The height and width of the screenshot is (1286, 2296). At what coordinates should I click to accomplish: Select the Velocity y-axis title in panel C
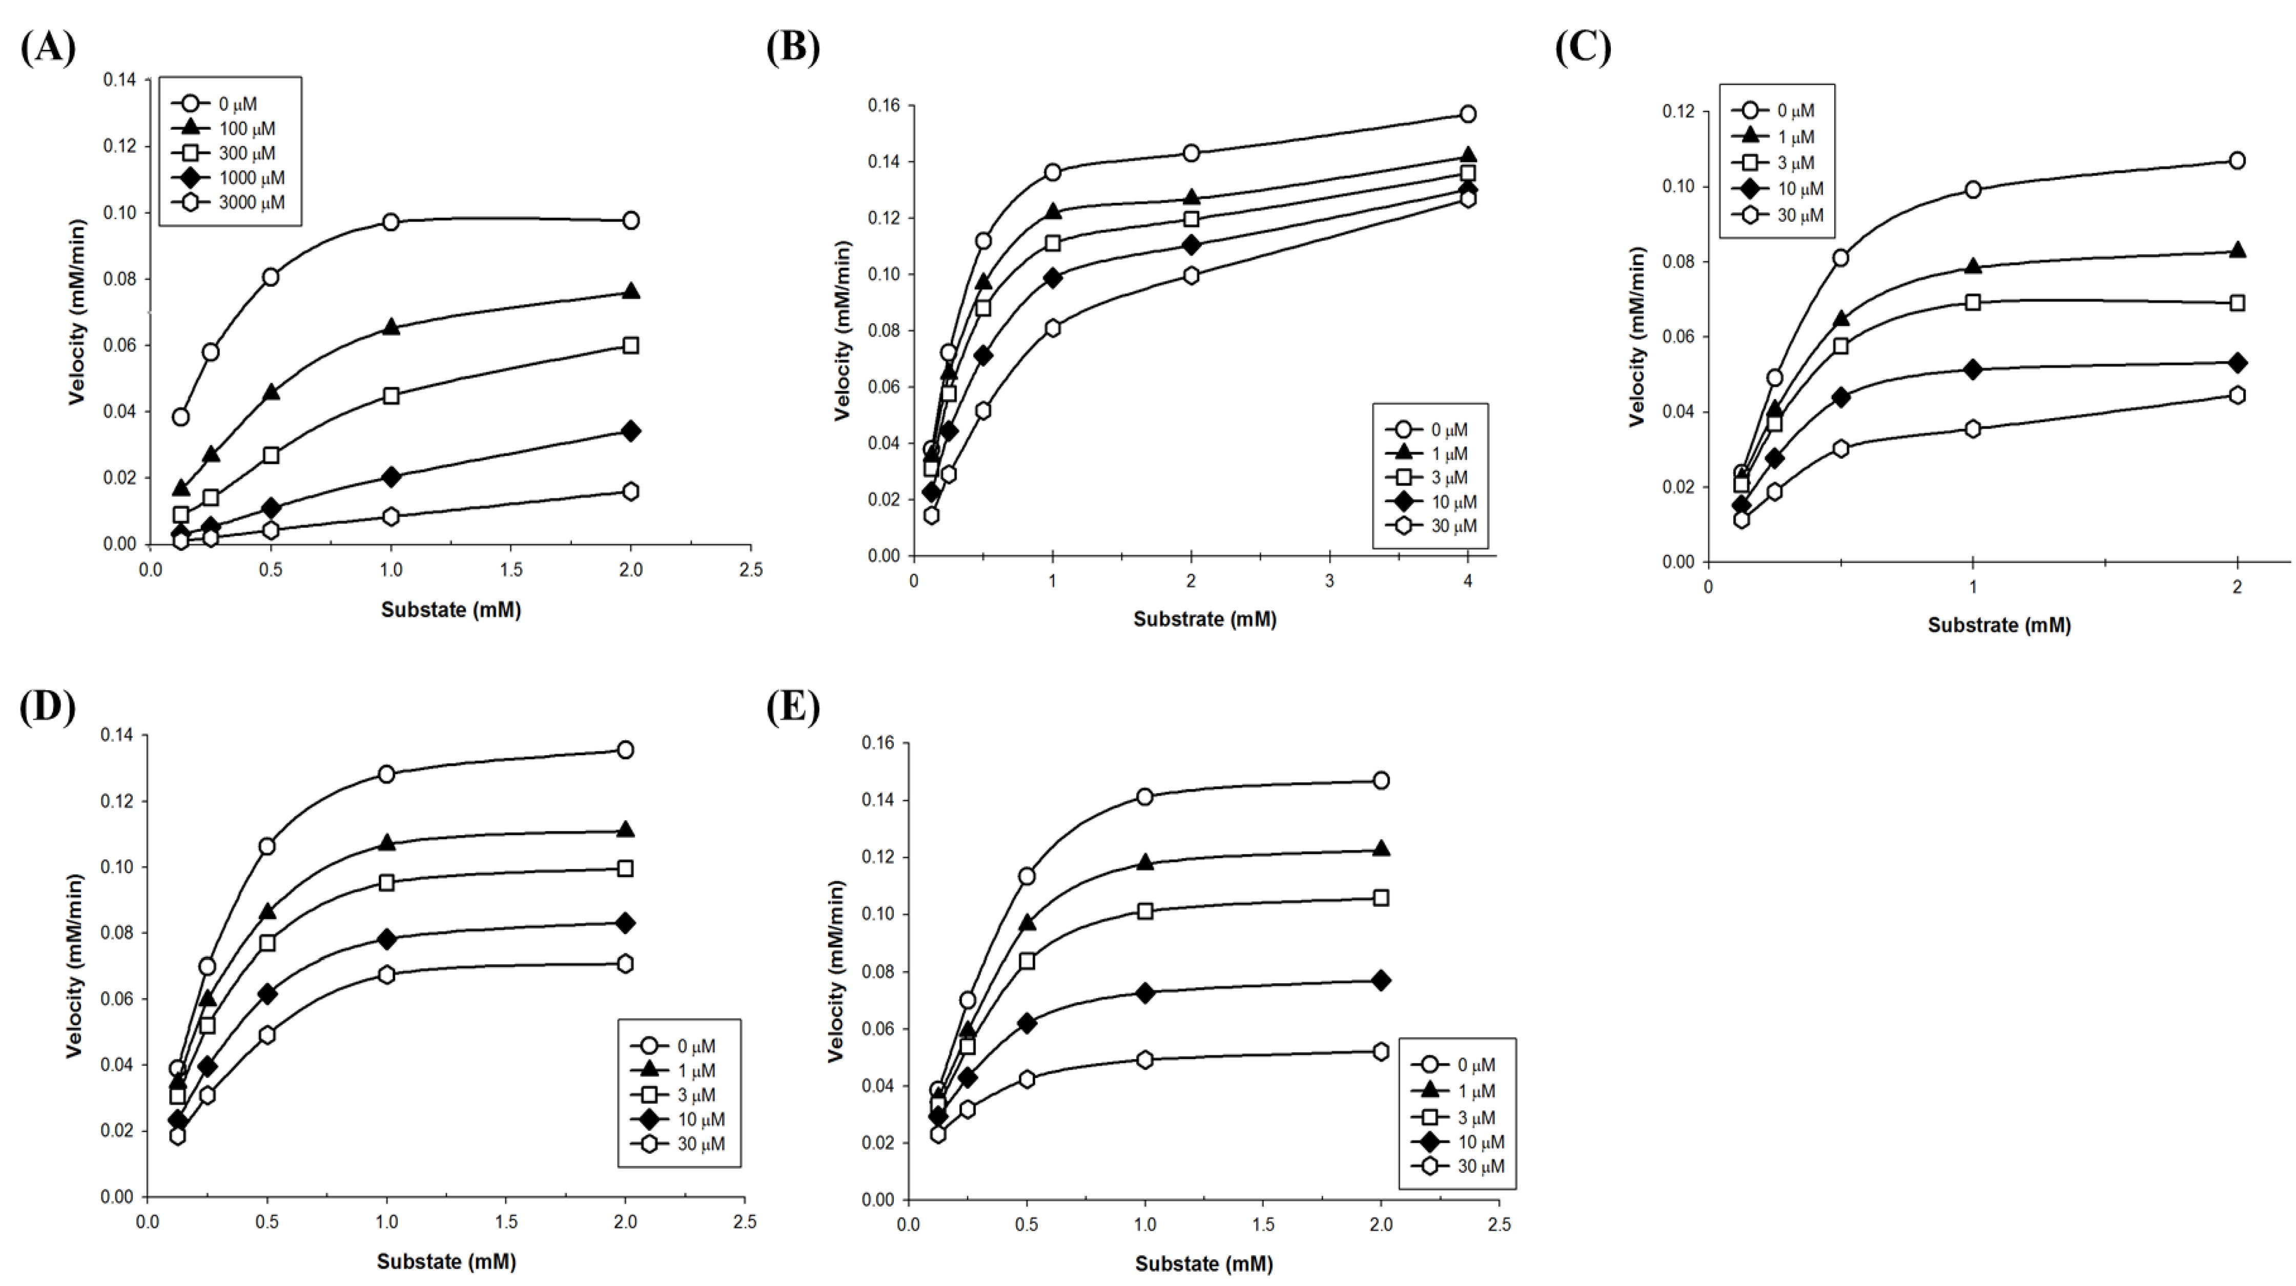[x=1637, y=337]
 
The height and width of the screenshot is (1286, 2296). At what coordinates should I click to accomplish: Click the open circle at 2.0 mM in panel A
[x=630, y=220]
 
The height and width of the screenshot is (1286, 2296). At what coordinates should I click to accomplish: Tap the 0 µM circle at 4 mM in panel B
[x=1467, y=114]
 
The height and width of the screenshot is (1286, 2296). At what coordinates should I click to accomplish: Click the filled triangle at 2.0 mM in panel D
[x=625, y=829]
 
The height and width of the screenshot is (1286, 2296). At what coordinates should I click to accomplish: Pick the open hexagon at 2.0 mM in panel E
[x=1381, y=1052]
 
